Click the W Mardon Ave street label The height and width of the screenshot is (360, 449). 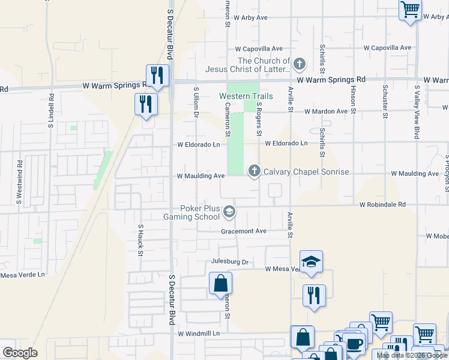[326, 112]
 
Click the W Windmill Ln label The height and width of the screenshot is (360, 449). [199, 333]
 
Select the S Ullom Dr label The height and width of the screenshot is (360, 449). [196, 101]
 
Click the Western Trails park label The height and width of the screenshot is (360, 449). [246, 96]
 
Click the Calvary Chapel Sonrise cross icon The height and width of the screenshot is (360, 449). [254, 172]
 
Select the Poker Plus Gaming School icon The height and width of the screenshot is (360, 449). [229, 212]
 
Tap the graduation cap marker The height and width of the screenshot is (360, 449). [311, 262]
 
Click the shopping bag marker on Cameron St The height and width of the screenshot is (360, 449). [220, 283]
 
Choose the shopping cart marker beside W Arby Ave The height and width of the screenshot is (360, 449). [411, 10]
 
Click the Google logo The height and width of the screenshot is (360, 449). [20, 353]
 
